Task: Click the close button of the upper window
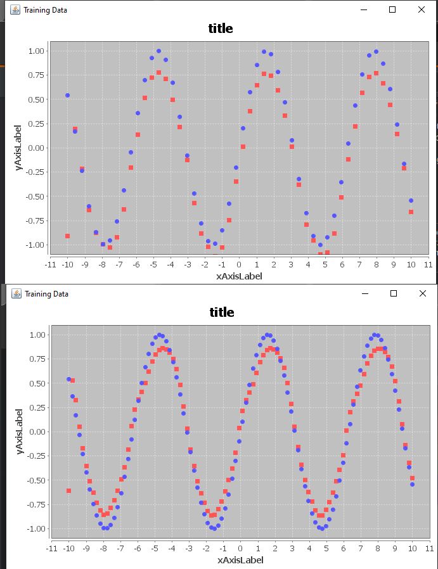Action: [422, 10]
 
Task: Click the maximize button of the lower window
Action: [393, 293]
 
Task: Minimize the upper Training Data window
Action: [363, 10]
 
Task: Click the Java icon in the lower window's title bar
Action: [16, 293]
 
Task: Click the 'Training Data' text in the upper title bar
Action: [45, 10]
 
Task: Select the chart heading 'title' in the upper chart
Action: [221, 29]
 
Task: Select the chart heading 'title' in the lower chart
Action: [221, 312]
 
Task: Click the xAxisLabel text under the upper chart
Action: [239, 276]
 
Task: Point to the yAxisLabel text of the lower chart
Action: [21, 432]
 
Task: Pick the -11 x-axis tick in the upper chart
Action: [51, 264]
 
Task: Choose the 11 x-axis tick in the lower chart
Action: [428, 548]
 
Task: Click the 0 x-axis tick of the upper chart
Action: [239, 264]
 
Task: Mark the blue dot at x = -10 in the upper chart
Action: [68, 95]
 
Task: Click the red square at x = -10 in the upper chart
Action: [68, 236]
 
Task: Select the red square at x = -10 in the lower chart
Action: [68, 491]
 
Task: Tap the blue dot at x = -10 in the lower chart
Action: [68, 379]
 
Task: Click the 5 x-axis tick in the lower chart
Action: [326, 548]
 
